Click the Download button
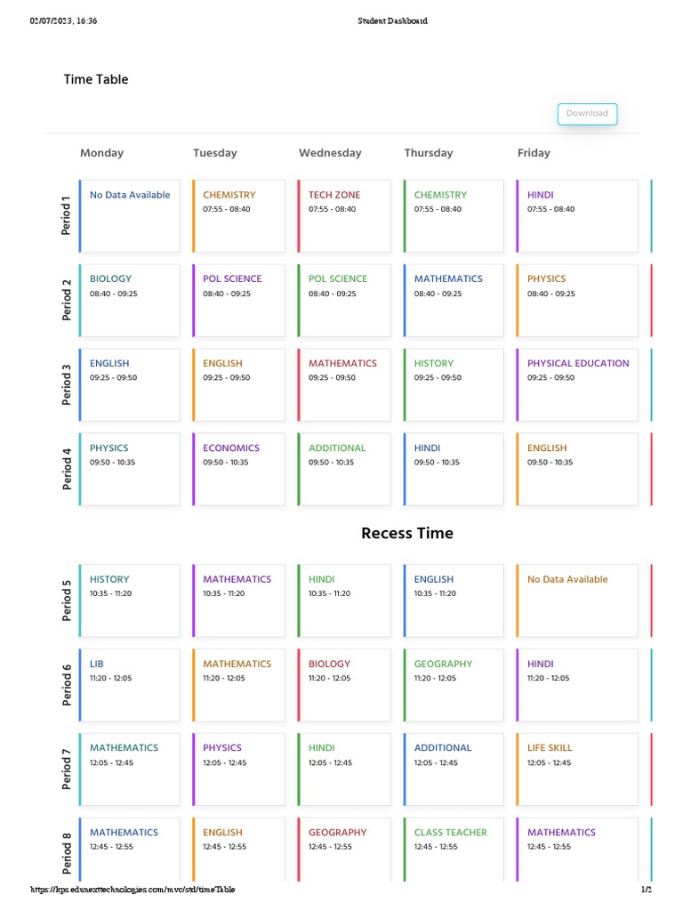[587, 114]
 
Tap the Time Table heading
[96, 79]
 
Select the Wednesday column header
[330, 153]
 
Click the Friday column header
[534, 153]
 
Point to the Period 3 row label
[67, 384]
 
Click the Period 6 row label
[67, 684]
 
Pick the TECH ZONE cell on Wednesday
[344, 216]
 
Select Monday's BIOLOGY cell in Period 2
[129, 300]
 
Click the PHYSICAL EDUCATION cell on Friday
[577, 384]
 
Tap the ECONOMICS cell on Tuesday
[238, 469]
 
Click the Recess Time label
[407, 534]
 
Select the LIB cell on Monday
[129, 684]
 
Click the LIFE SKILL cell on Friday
[577, 769]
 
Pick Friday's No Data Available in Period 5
[577, 600]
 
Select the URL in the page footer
[133, 890]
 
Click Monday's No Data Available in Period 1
[130, 216]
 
